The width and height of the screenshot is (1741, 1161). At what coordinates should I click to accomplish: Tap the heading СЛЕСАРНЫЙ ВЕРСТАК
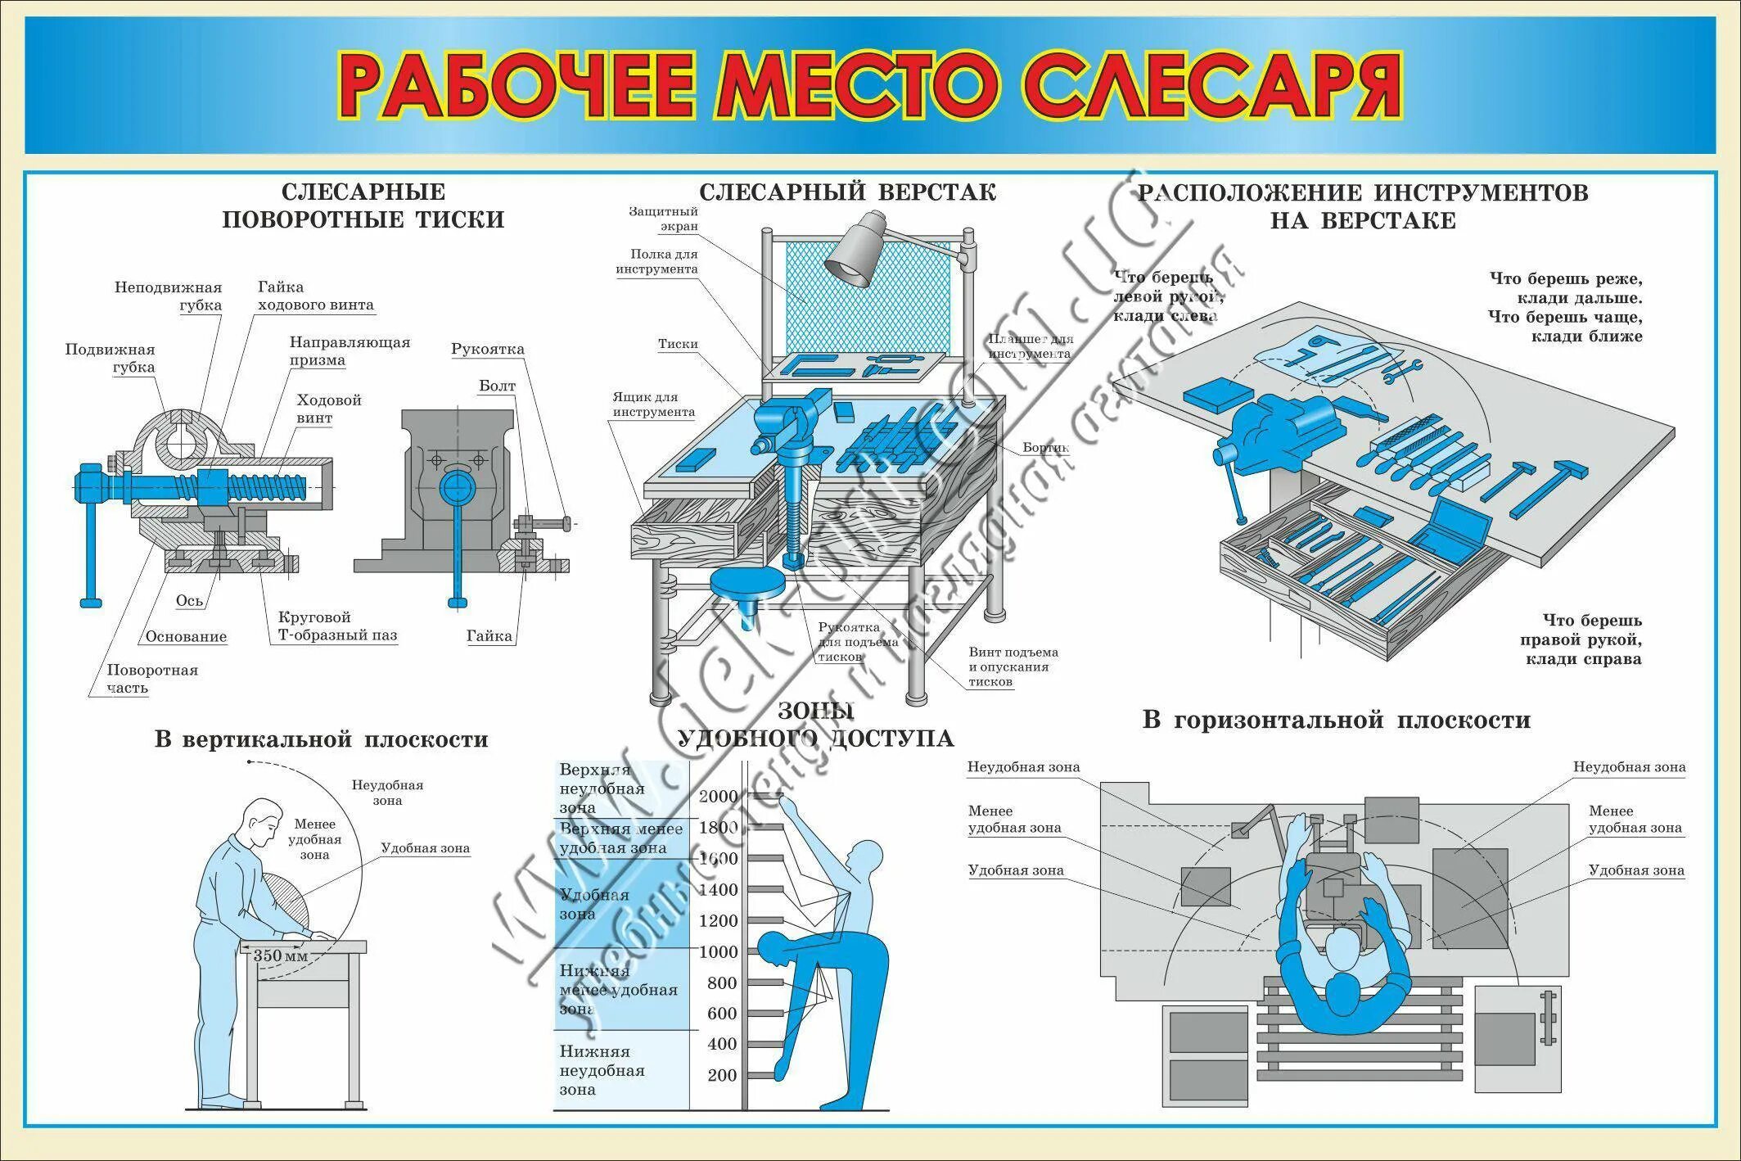click(847, 192)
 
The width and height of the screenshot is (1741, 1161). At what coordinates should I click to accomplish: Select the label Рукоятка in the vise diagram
click(488, 350)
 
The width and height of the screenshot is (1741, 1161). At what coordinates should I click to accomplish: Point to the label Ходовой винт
click(329, 409)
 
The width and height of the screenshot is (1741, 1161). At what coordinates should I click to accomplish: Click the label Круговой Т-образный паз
click(337, 626)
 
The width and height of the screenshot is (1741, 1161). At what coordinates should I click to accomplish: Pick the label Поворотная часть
click(152, 678)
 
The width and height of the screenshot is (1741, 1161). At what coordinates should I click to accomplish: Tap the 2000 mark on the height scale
click(718, 796)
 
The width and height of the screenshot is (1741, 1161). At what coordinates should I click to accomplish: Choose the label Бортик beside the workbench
click(1046, 448)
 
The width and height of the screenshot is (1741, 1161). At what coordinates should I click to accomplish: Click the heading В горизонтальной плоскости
click(1336, 721)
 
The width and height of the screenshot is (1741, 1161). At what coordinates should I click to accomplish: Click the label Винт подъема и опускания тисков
click(1013, 666)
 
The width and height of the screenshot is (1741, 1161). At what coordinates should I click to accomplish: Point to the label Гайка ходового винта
click(315, 296)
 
